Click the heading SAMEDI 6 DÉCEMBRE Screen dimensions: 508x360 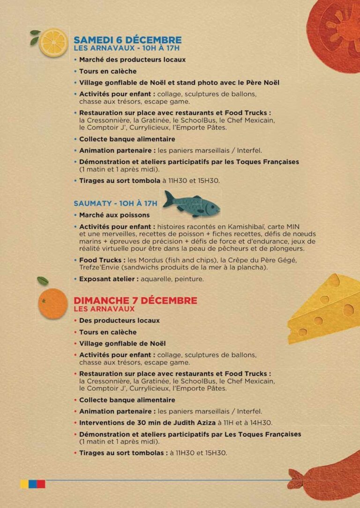[127, 40]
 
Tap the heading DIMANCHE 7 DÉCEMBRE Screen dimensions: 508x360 [135, 300]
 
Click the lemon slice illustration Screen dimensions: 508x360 [53, 43]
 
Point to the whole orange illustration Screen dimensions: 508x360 [53, 304]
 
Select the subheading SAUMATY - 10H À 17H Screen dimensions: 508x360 [115, 204]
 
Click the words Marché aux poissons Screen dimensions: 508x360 [114, 215]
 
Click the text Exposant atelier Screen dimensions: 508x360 [108, 279]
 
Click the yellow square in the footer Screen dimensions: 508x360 [24, 484]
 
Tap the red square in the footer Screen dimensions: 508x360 [41, 484]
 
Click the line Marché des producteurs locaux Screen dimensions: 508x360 [132, 60]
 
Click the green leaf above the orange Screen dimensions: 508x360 [43, 281]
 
